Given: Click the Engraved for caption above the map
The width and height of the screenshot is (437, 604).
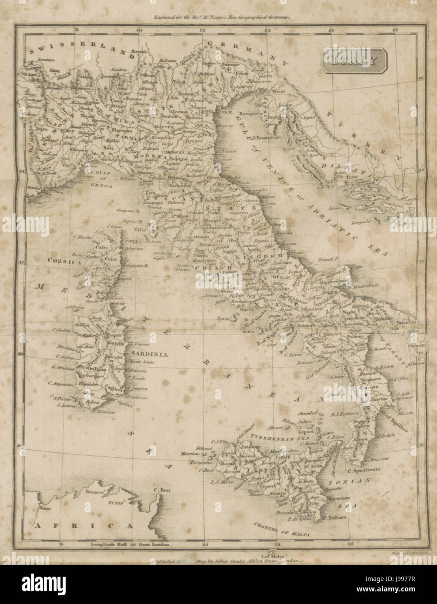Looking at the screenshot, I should pyautogui.click(x=218, y=18).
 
